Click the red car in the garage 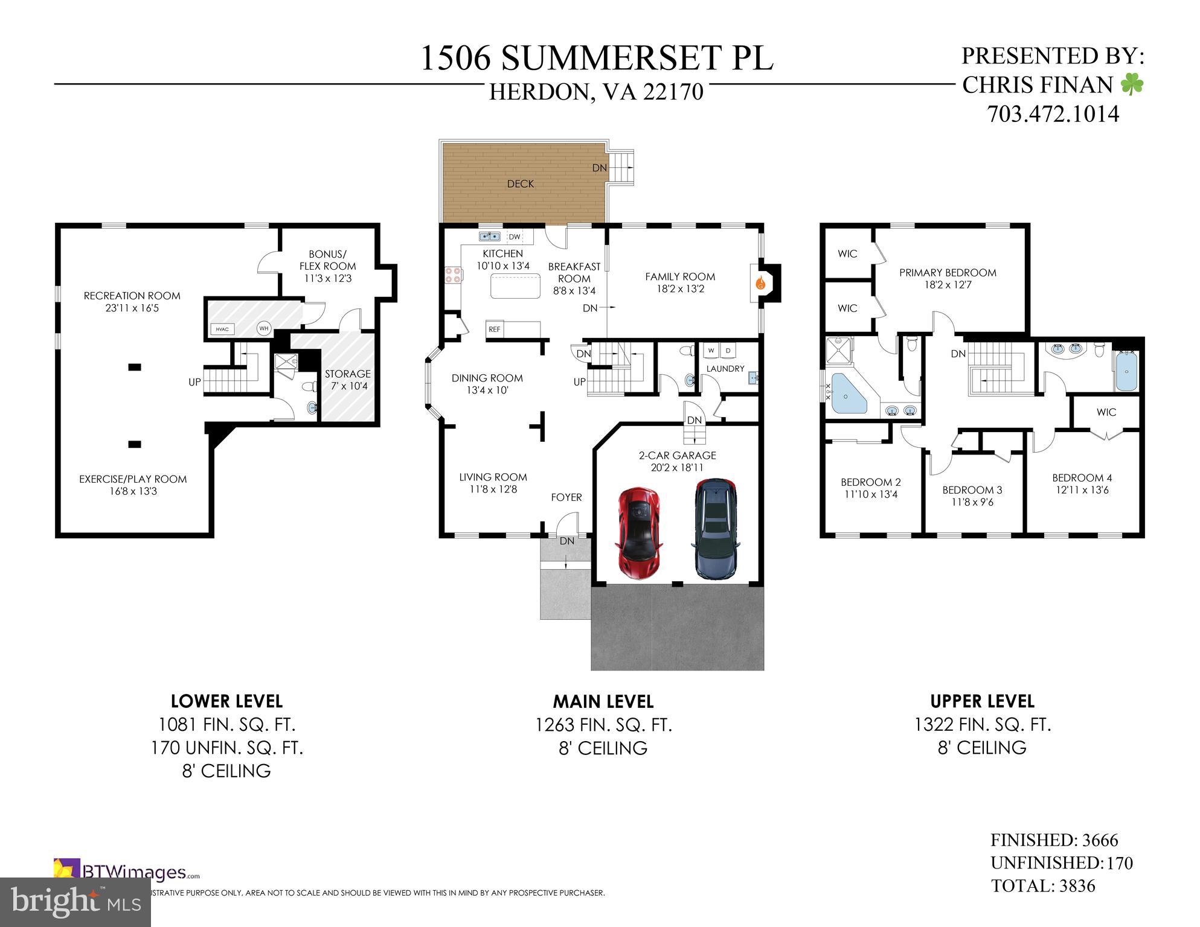coord(639,534)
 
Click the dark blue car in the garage coord(716,529)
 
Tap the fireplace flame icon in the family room coord(761,282)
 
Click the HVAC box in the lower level coord(222,329)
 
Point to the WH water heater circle coord(264,328)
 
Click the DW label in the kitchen coord(515,237)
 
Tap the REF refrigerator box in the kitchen coord(495,330)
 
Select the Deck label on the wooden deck coord(520,184)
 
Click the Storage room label coord(347,374)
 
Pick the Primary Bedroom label coord(948,273)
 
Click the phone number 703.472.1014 coord(1053,114)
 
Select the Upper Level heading coord(982,701)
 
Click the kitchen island coord(515,286)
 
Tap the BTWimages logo coord(127,872)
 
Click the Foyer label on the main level coord(566,497)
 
